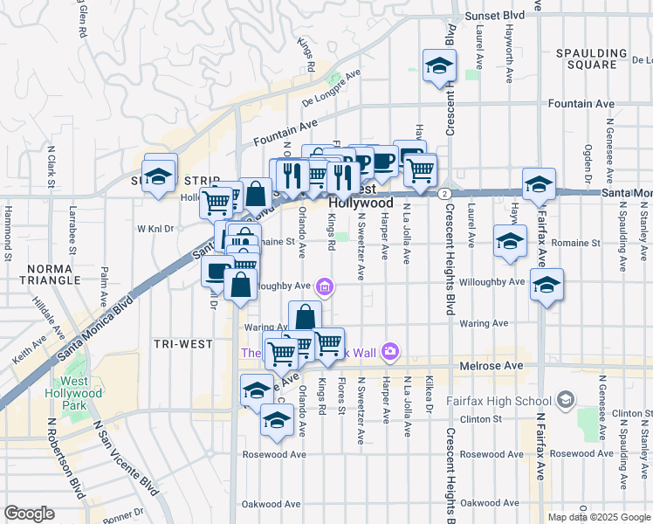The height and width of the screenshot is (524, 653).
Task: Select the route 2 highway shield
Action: point(444,193)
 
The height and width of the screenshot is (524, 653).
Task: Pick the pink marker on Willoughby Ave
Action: point(325,286)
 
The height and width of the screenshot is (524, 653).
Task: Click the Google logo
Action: point(30,514)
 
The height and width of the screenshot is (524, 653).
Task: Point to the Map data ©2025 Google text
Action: point(598,517)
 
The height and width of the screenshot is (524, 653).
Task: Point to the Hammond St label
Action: point(8,234)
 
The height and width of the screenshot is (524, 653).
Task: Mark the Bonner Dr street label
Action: point(123,516)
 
